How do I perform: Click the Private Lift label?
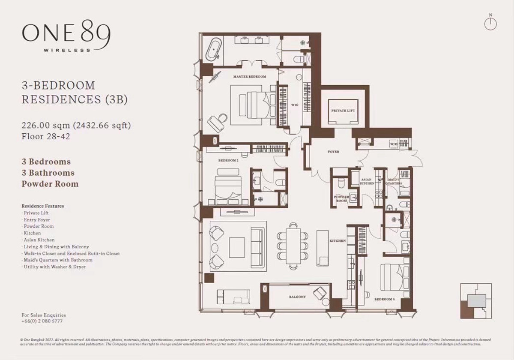click(343, 111)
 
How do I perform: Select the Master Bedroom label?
click(249, 77)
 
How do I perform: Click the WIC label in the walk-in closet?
click(295, 104)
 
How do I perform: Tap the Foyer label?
click(334, 152)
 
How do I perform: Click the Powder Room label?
click(341, 199)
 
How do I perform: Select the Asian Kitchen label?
click(367, 181)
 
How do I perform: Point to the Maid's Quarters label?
click(394, 181)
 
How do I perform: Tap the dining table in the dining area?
click(293, 246)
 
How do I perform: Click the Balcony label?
click(297, 297)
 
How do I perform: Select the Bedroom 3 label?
click(384, 299)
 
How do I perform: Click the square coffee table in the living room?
click(236, 247)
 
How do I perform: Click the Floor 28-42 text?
click(46, 137)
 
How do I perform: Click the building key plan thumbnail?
click(475, 301)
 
